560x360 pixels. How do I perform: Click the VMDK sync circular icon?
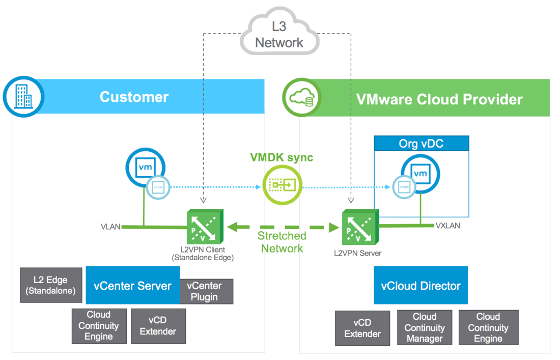pyautogui.click(x=282, y=186)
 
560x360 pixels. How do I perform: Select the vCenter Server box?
pyautogui.click(x=132, y=286)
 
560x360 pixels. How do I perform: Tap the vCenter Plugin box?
pyautogui.click(x=207, y=291)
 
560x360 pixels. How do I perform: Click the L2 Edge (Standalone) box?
pyautogui.click(x=50, y=285)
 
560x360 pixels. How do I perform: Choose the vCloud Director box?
pyautogui.click(x=421, y=286)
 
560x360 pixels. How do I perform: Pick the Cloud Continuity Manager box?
pyautogui.click(x=425, y=328)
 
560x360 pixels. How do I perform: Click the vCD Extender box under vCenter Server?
pyautogui.click(x=158, y=326)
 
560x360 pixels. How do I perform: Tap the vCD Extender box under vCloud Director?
pyautogui.click(x=362, y=328)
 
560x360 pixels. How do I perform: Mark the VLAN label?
pyautogui.click(x=110, y=227)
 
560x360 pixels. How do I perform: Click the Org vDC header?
pyautogui.click(x=421, y=144)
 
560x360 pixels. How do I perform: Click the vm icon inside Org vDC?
pyautogui.click(x=421, y=174)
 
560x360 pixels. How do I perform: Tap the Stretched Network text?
pyautogui.click(x=282, y=242)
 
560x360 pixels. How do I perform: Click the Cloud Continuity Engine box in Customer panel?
pyautogui.click(x=99, y=326)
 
